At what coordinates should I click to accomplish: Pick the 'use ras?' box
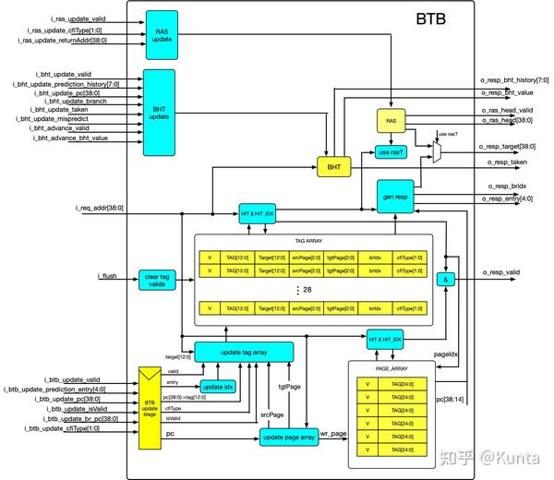click(391, 151)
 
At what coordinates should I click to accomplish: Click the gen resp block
click(395, 197)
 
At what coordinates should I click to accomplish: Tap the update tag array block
click(244, 352)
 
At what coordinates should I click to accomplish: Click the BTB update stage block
click(150, 407)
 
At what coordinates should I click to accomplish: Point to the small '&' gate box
click(447, 279)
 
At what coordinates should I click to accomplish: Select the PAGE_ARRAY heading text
click(392, 366)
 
